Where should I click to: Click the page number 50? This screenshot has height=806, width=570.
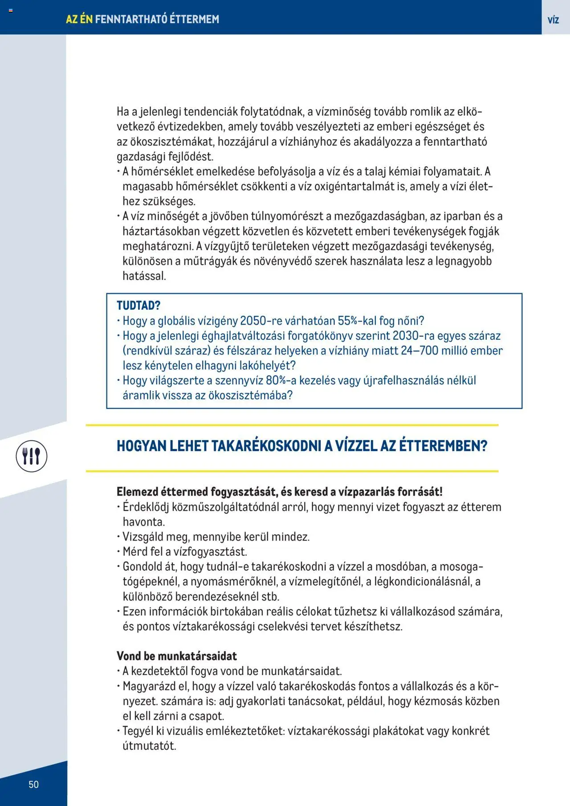(x=33, y=784)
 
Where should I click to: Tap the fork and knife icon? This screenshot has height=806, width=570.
(x=32, y=456)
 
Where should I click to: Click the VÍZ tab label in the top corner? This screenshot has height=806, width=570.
(x=553, y=20)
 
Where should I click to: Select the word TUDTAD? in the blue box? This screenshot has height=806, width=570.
(x=138, y=305)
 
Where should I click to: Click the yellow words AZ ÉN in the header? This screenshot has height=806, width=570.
(x=79, y=19)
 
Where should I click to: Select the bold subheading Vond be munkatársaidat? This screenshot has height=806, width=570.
(x=176, y=655)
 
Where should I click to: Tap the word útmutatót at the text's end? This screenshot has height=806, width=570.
(x=149, y=746)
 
